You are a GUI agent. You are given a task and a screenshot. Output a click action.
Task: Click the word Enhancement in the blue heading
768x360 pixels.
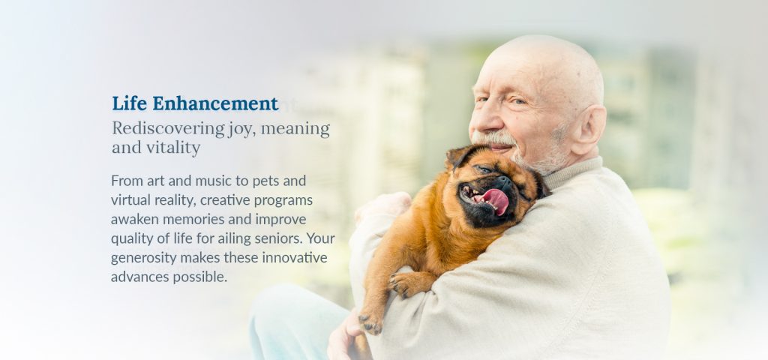coord(215,103)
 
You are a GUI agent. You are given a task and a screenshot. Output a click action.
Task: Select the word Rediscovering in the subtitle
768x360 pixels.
coord(169,129)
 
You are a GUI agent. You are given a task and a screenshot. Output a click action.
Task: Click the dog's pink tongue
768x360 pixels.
coord(495,201)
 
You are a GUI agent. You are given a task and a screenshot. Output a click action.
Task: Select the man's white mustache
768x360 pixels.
coord(493,139)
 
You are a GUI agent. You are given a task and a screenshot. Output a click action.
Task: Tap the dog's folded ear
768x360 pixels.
coord(458,156)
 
